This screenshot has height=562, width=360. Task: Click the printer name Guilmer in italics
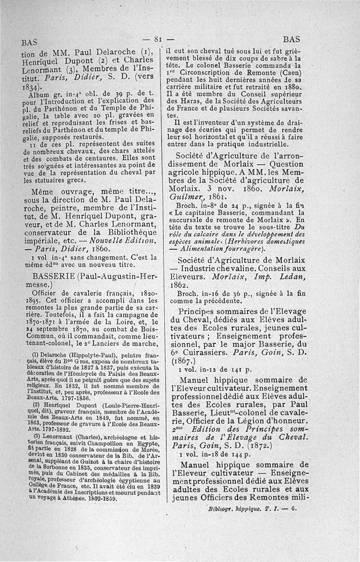184,197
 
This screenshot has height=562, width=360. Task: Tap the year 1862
178,285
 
